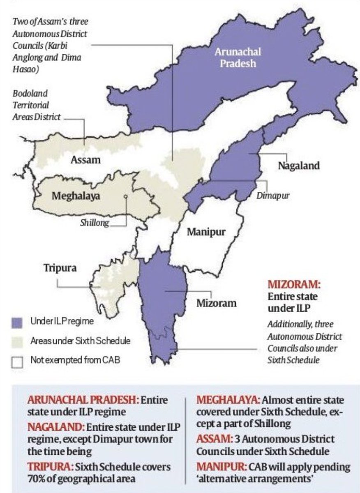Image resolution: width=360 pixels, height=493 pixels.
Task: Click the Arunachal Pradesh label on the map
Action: [x=237, y=58]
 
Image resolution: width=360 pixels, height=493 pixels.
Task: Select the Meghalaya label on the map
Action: [x=76, y=196]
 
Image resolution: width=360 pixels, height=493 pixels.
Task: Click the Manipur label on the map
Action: [x=206, y=232]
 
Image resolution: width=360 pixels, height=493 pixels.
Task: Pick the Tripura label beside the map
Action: [x=60, y=268]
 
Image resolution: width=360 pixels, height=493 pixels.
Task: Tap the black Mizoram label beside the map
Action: [x=216, y=303]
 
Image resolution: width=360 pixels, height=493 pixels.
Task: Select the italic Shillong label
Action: [x=95, y=223]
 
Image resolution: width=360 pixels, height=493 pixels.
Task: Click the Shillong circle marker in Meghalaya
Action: [x=126, y=197]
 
